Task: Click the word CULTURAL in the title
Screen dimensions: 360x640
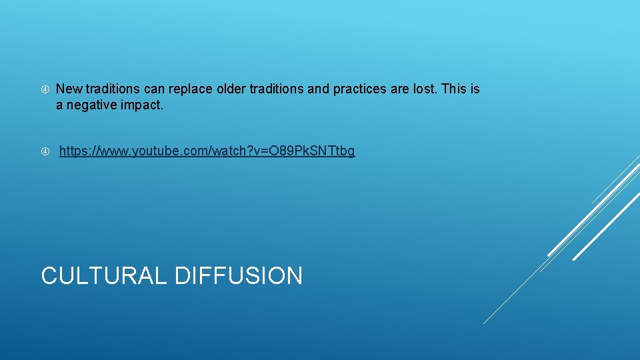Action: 104,275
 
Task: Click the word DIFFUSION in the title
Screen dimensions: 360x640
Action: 239,275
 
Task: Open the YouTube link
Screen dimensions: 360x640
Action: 207,151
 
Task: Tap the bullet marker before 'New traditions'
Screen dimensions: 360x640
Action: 45,89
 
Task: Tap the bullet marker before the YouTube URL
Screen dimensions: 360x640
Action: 45,151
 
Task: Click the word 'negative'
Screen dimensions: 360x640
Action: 90,105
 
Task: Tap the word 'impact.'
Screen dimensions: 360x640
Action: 141,105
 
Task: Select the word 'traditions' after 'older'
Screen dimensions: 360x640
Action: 275,89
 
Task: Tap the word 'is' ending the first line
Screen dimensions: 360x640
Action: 475,89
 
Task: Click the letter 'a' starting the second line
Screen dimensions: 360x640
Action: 59,105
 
